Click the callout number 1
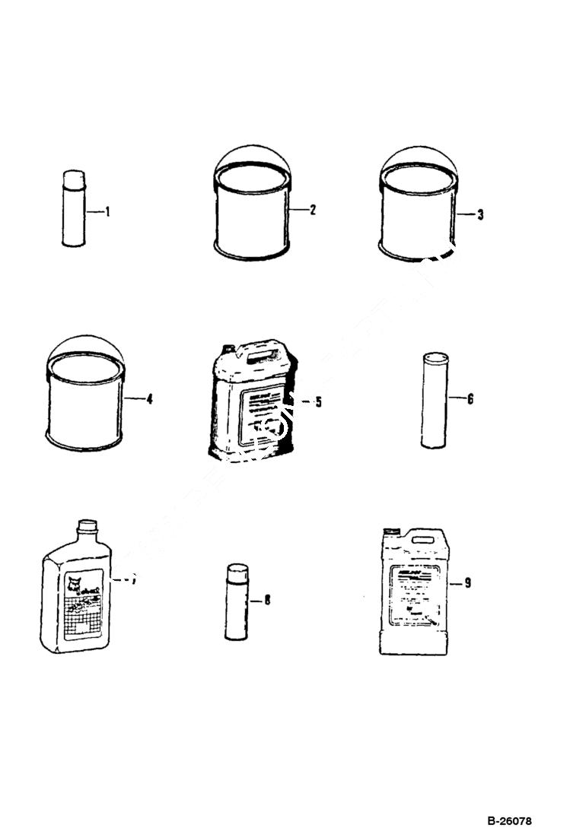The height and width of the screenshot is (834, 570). tap(107, 212)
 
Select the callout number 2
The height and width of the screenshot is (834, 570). tap(312, 211)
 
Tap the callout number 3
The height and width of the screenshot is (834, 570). tap(479, 214)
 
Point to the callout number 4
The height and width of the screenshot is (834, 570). tap(149, 398)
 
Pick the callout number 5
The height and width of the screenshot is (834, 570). tap(318, 401)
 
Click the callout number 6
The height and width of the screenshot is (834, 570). tap(470, 398)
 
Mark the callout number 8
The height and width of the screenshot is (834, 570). tap(267, 600)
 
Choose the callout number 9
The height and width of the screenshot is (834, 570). tap(467, 583)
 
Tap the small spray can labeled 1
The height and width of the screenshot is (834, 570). tap(73, 208)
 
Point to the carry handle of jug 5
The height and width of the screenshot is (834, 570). tap(261, 354)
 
